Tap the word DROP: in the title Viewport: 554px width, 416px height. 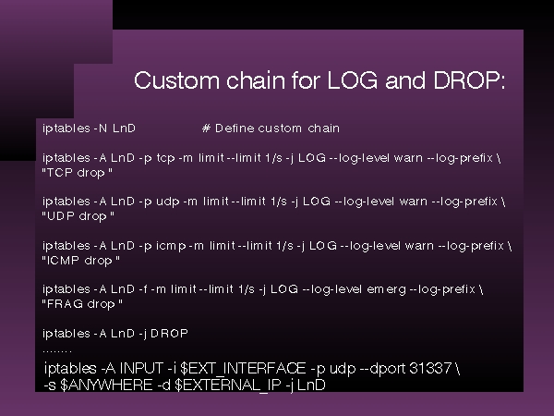point(469,80)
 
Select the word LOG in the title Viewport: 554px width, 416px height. point(353,80)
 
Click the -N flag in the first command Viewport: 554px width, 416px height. point(101,128)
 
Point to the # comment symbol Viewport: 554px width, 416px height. point(206,128)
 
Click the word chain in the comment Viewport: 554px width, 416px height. point(323,128)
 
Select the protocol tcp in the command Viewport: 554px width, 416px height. point(165,158)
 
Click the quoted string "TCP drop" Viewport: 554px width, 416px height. point(77,173)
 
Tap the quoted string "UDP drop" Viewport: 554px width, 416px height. point(78,216)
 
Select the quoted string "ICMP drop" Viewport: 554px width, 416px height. point(81,261)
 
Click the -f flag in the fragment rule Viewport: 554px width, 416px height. point(143,289)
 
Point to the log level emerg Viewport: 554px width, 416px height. point(387,289)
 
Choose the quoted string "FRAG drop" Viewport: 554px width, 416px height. point(82,304)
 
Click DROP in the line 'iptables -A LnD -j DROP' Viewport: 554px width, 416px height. point(169,333)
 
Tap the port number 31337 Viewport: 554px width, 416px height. point(430,368)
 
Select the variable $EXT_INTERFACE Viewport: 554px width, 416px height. point(243,368)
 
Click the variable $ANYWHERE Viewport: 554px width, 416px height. point(106,385)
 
